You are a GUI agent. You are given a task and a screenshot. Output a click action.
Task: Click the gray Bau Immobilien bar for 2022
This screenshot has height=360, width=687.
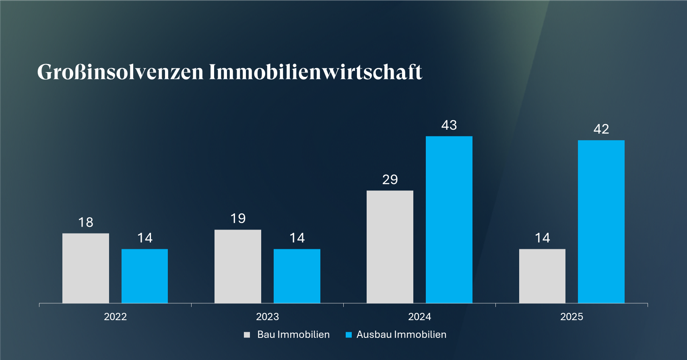tap(85, 268)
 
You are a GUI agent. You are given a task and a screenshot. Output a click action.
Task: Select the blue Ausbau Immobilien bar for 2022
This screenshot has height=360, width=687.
tap(144, 276)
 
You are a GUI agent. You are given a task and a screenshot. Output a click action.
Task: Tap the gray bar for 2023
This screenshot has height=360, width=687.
tap(237, 266)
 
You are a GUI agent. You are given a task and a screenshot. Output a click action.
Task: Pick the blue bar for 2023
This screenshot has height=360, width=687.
tap(297, 276)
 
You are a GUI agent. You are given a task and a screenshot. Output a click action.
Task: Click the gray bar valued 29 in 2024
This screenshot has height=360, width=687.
tap(390, 246)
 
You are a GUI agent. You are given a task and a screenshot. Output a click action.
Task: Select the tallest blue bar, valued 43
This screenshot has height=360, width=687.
tap(449, 219)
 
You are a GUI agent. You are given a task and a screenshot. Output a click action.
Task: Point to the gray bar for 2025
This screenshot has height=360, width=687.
tap(542, 276)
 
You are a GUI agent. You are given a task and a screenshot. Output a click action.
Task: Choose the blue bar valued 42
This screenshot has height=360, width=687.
tap(601, 221)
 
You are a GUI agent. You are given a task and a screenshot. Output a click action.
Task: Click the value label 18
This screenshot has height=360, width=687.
tap(85, 222)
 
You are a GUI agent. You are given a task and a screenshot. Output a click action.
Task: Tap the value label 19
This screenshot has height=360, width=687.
tap(238, 219)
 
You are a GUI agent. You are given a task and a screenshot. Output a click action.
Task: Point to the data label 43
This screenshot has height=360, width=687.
tap(449, 125)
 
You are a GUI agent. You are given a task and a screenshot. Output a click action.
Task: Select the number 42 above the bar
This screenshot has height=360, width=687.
tap(601, 129)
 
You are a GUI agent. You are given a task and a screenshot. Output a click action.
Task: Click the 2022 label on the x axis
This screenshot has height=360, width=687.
tap(115, 317)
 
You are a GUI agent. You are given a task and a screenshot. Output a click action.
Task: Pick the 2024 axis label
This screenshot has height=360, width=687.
tap(419, 317)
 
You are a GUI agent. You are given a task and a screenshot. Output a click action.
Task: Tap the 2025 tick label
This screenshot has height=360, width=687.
tap(571, 317)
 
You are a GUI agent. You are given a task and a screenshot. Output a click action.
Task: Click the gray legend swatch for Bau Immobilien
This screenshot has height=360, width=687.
tap(247, 335)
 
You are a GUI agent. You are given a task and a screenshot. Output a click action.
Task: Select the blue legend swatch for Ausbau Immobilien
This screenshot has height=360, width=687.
tap(349, 335)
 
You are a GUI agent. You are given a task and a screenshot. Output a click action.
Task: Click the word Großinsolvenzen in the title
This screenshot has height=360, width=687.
tap(120, 72)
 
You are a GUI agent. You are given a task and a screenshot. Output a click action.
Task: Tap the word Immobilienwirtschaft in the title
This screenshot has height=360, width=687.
tap(315, 72)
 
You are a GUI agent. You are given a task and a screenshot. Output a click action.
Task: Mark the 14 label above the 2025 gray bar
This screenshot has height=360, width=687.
tap(542, 238)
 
